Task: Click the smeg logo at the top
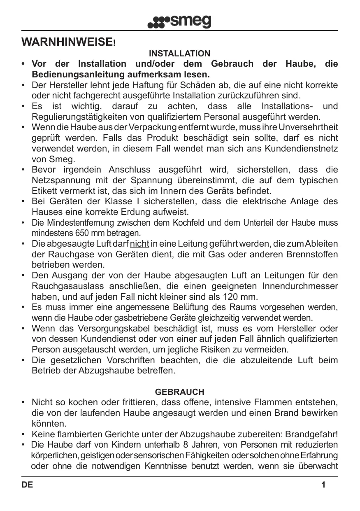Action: tap(180, 21)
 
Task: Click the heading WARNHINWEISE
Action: tap(68, 42)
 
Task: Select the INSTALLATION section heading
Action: tap(179, 54)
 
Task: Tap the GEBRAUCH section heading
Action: tap(179, 392)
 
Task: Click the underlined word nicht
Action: tap(139, 244)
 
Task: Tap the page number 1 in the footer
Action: tap(323, 485)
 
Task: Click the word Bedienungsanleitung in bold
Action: tap(71, 75)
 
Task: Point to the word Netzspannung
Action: tap(61, 180)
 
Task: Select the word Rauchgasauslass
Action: tap(66, 286)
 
